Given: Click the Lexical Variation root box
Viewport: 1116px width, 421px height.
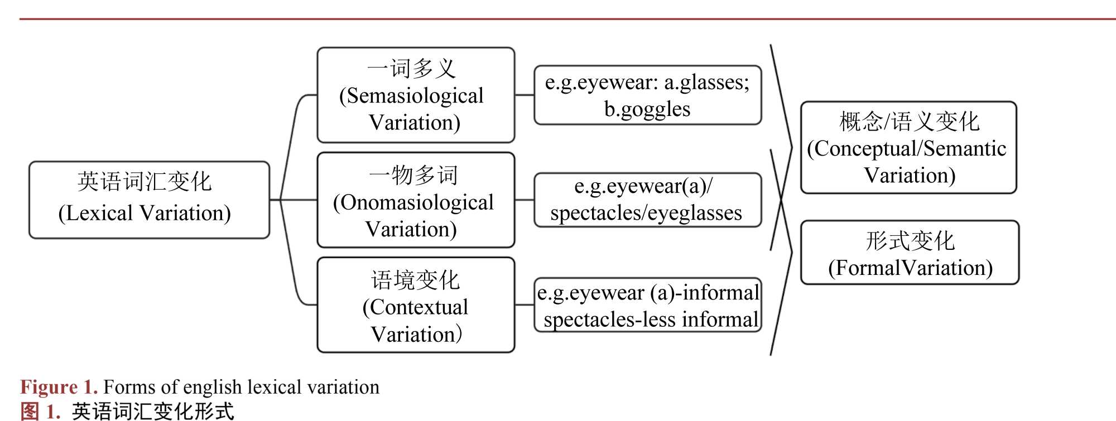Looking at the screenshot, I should coord(149,200).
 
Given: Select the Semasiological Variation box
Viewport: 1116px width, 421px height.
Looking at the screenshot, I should coord(416,95).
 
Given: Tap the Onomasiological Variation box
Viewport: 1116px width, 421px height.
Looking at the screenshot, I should coord(416,200).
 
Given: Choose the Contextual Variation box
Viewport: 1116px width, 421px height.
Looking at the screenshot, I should coord(416,304).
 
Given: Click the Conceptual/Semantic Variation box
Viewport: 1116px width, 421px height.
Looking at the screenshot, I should coord(908,148).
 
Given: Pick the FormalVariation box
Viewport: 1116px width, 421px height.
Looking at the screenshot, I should coord(910,253).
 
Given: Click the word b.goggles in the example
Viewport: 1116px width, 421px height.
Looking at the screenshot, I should coord(647,109).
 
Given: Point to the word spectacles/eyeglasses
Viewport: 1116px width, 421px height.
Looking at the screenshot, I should coord(646,213).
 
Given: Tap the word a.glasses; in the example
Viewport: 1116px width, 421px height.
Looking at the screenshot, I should coord(706,83).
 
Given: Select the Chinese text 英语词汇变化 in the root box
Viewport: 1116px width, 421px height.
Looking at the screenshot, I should coord(145,182).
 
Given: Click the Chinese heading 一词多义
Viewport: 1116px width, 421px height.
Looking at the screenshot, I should coord(412,69).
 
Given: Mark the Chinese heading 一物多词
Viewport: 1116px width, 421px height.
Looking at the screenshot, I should coord(413,175).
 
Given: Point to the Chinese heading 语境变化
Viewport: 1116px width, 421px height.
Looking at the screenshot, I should coord(415,280).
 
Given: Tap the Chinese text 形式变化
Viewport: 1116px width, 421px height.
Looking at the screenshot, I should coord(910,241).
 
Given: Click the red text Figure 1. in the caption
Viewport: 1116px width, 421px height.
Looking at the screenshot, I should coord(59,387).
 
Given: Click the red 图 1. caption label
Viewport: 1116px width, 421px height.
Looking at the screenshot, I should coord(40,412).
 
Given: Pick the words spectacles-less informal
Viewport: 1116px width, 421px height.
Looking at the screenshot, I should coord(651,320).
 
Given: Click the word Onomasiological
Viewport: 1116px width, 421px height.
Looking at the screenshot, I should coord(413,202).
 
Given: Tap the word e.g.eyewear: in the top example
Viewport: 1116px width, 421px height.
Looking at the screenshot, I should coord(602,83).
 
